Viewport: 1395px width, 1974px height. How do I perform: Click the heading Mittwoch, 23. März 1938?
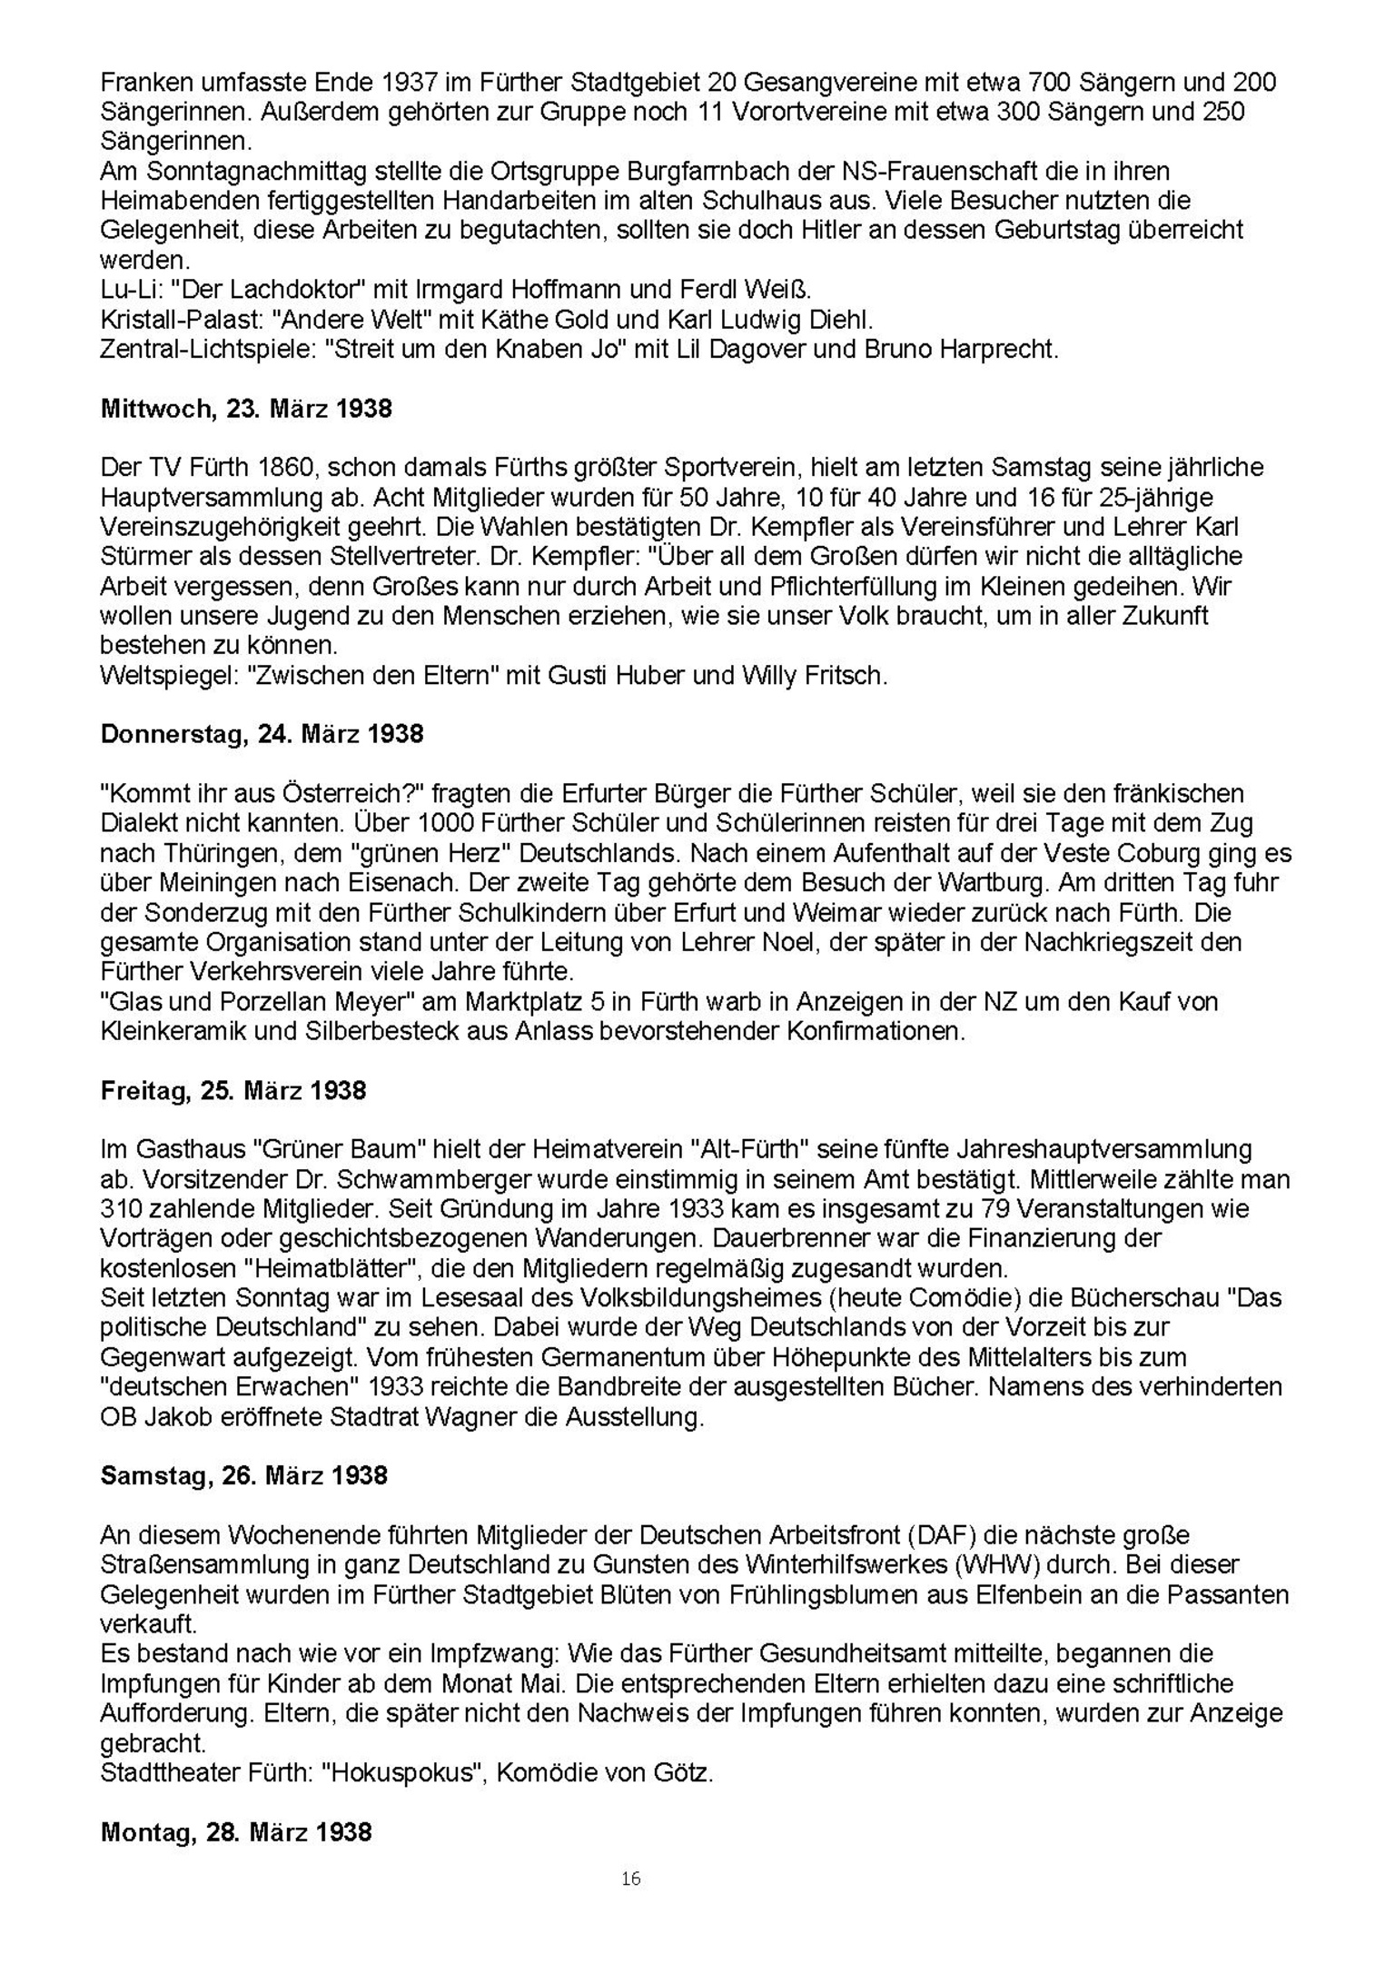coord(246,409)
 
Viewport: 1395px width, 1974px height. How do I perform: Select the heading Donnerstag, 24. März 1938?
coord(262,734)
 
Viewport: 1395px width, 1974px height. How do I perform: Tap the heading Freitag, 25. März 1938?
coord(233,1090)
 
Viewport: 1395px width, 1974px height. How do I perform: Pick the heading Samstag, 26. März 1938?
coord(243,1475)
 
